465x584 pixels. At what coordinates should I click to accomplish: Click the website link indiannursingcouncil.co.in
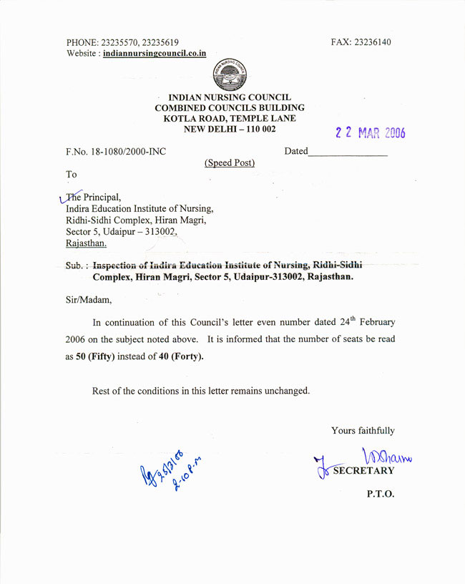coord(155,53)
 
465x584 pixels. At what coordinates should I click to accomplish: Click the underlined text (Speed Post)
coord(230,163)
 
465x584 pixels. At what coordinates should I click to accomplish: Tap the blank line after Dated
coord(348,152)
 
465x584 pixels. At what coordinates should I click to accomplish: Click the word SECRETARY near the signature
coord(363,470)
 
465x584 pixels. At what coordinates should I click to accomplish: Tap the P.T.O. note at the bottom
coord(380,494)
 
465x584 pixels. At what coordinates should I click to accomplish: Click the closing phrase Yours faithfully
coord(363,431)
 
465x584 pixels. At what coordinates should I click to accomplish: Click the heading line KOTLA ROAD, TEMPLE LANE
coord(229,118)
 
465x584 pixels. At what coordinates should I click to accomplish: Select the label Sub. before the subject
coord(74,265)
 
